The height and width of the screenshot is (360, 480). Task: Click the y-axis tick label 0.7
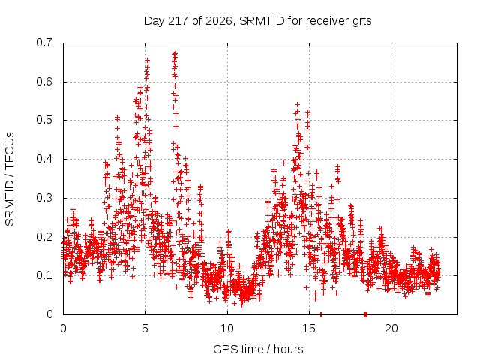(x=44, y=43)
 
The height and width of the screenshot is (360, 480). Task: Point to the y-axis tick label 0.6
(x=44, y=82)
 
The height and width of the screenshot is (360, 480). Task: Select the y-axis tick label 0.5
(x=44, y=120)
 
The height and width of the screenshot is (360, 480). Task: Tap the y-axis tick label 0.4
(x=44, y=159)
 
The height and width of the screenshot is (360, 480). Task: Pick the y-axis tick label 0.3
(x=44, y=198)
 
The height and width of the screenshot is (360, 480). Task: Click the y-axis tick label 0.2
(x=44, y=237)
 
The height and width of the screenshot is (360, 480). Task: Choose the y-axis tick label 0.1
(x=44, y=275)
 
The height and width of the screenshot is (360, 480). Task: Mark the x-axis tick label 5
(x=145, y=328)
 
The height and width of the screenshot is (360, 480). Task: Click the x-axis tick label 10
(x=227, y=328)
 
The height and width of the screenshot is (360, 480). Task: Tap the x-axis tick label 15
(x=309, y=328)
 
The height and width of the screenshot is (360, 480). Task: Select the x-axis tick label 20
(x=391, y=328)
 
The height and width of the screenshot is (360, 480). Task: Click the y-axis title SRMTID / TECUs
(x=10, y=179)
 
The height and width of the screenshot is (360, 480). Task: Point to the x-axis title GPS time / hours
(x=258, y=349)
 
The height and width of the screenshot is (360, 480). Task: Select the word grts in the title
(x=361, y=22)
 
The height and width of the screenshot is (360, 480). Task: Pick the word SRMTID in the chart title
(x=262, y=21)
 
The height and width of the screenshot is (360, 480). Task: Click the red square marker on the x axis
(x=365, y=314)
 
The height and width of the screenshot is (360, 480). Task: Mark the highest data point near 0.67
(x=175, y=53)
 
